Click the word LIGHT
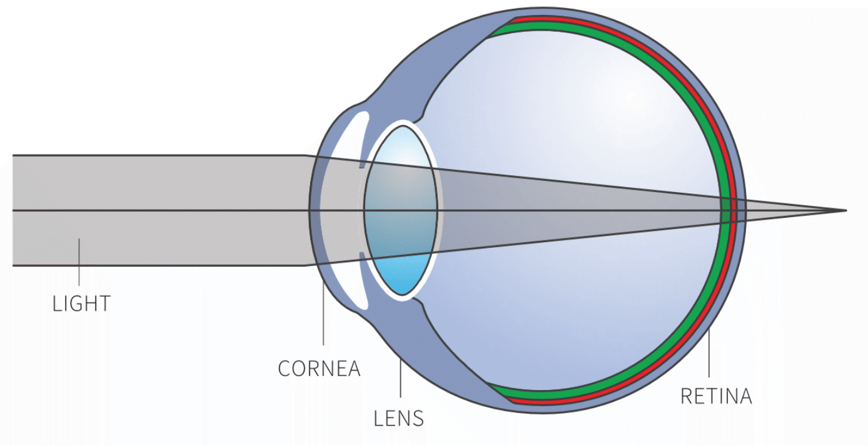click(x=82, y=304)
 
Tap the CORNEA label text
click(x=320, y=369)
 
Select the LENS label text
click(x=399, y=418)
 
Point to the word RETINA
click(x=716, y=396)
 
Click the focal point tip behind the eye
click(x=846, y=211)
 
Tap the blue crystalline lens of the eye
click(x=401, y=211)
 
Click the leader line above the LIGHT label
click(x=79, y=262)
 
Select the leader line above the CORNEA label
click(x=323, y=314)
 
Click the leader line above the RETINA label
click(x=709, y=353)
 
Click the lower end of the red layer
click(x=512, y=400)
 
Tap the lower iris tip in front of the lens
click(x=362, y=255)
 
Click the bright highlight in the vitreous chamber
click(x=628, y=101)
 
